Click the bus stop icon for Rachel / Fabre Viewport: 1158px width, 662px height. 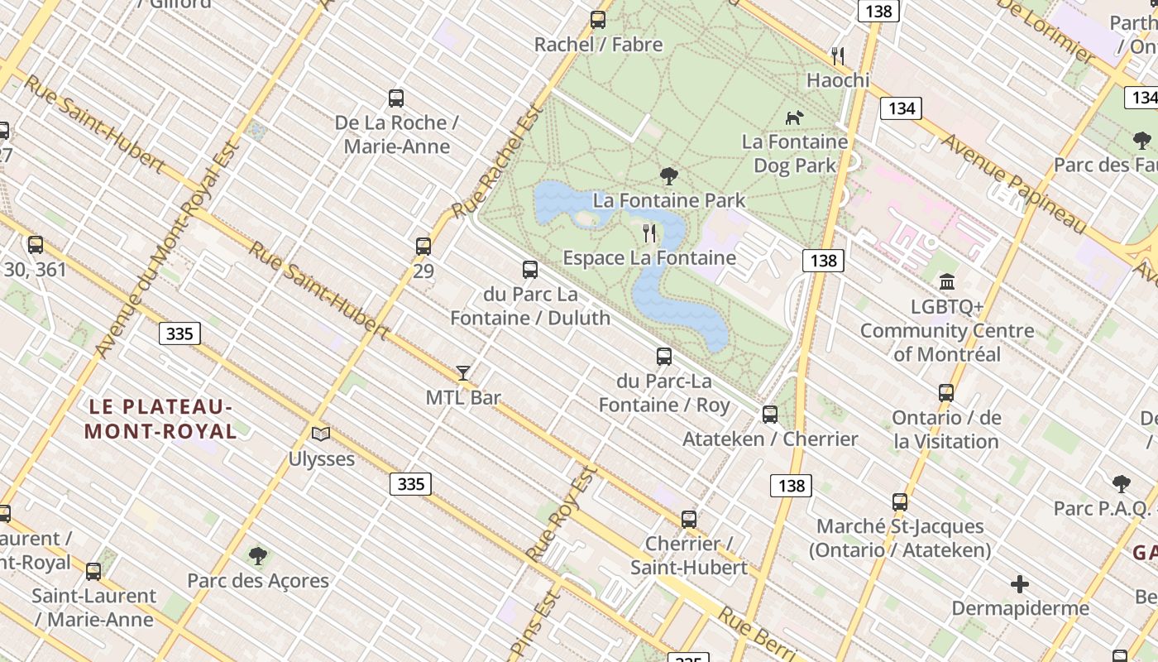point(597,20)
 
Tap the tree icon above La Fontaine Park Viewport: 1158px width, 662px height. point(669,175)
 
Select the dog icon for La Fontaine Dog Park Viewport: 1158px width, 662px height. point(794,118)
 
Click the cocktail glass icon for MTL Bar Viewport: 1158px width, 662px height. point(463,373)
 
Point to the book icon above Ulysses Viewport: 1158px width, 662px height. point(321,434)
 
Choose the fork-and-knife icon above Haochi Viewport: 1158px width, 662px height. point(838,56)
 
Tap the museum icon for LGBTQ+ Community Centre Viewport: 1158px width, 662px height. point(947,282)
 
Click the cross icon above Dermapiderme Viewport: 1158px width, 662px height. point(1020,584)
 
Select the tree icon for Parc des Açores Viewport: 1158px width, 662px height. point(258,555)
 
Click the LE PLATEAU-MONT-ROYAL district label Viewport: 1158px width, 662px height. point(160,419)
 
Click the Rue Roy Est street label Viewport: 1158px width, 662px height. point(562,513)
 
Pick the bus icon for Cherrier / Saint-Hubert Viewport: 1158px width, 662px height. point(688,520)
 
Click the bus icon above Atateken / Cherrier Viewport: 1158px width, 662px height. point(770,415)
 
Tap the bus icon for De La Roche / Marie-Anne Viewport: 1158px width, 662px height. point(396,98)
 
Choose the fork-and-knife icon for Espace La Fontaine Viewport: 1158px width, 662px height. point(649,233)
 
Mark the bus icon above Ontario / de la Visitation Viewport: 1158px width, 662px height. point(946,393)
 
